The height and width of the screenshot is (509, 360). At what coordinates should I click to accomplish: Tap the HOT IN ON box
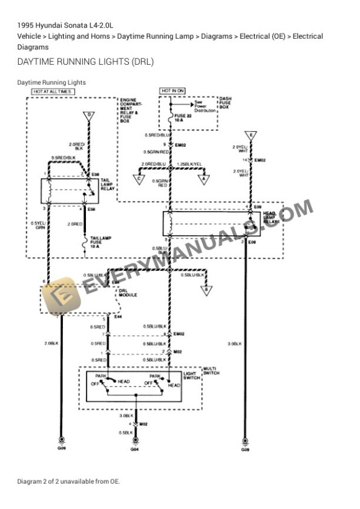pyautogui.click(x=172, y=91)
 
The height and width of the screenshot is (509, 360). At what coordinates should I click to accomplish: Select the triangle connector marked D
pyautogui.click(x=89, y=115)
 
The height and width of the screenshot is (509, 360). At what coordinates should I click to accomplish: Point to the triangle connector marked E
pyautogui.click(x=251, y=136)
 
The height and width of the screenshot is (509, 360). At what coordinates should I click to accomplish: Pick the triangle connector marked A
pyautogui.click(x=204, y=179)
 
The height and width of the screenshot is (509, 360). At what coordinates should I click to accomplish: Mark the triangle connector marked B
pyautogui.click(x=206, y=289)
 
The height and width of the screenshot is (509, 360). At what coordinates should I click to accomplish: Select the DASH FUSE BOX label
pyautogui.click(x=225, y=104)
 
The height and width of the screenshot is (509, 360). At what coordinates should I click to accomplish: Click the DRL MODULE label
pyautogui.click(x=128, y=292)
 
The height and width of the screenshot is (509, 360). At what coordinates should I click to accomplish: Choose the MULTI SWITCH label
pyautogui.click(x=211, y=371)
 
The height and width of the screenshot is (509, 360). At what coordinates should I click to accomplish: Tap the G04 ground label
pyautogui.click(x=135, y=450)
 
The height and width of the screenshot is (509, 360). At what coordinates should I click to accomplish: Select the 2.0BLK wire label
pyautogui.click(x=52, y=342)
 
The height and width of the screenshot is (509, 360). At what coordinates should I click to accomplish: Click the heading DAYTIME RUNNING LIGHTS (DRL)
pyautogui.click(x=85, y=62)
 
